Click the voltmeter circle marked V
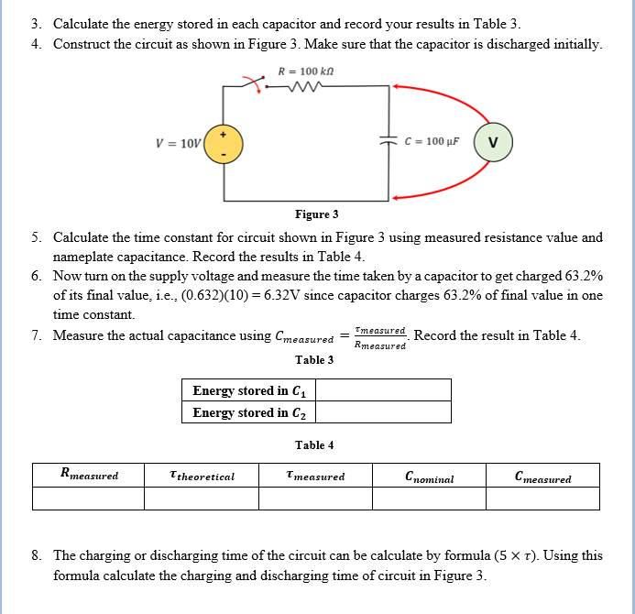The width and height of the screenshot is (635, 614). click(494, 142)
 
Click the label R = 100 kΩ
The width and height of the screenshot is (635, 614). click(308, 70)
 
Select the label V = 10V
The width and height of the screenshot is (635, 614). click(178, 144)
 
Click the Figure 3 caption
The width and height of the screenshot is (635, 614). click(316, 214)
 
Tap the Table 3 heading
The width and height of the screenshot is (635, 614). click(314, 359)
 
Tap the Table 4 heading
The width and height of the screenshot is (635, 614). click(314, 445)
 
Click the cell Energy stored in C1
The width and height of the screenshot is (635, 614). click(249, 390)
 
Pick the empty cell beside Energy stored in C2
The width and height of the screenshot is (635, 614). click(384, 412)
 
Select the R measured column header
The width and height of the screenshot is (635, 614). click(88, 475)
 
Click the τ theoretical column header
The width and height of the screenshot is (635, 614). click(202, 476)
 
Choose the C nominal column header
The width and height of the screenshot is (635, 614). click(429, 476)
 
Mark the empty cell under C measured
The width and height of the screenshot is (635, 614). click(542, 498)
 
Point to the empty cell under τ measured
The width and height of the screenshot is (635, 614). click(315, 498)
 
